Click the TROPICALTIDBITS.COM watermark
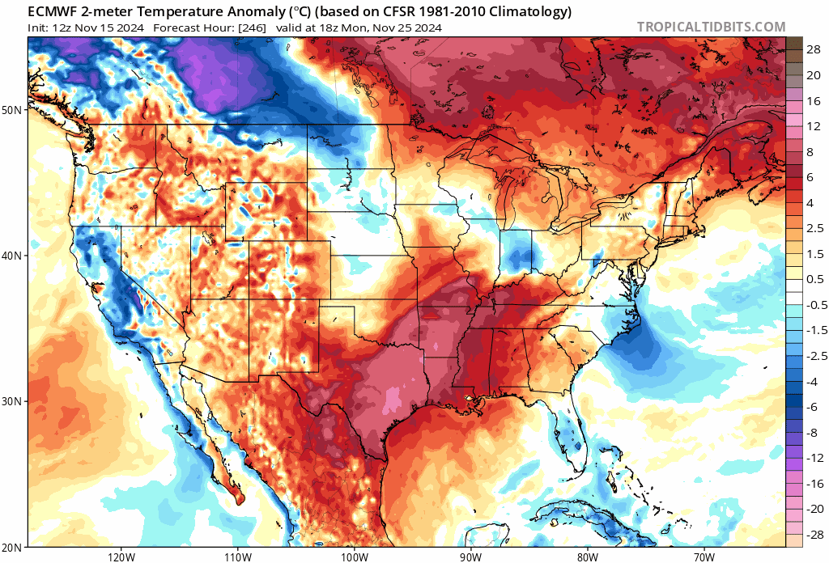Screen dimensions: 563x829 click(711, 27)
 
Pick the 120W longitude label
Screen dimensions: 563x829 click(121, 557)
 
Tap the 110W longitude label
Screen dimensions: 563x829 click(236, 557)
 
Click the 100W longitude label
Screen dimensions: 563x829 click(353, 557)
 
